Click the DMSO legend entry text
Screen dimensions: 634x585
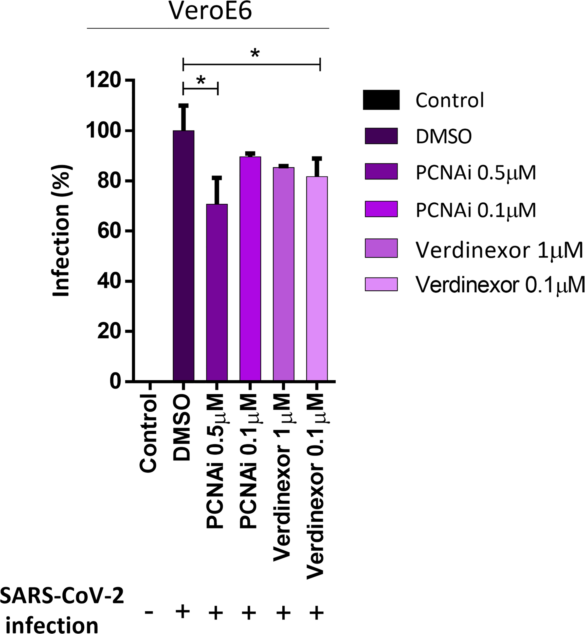(444, 136)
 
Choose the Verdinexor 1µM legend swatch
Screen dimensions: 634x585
(381, 248)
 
